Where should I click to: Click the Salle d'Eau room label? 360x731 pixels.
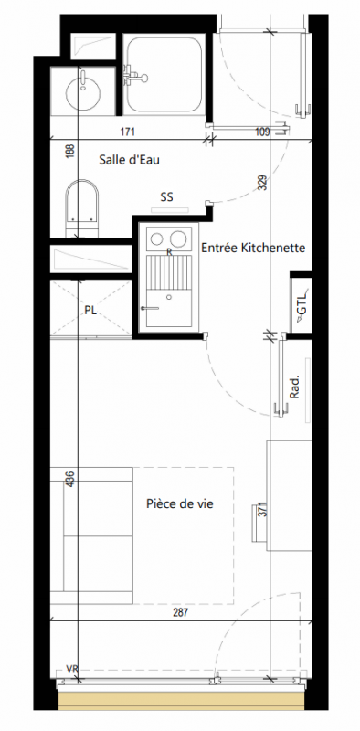[129, 160]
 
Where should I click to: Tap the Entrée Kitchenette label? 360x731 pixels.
[253, 248]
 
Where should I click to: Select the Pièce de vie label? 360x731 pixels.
[179, 503]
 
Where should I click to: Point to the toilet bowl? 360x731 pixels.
[82, 203]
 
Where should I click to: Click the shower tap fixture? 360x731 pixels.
[134, 76]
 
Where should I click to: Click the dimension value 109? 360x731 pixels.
[263, 132]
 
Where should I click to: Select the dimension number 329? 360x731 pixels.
[261, 184]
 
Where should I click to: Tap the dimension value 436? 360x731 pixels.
[70, 479]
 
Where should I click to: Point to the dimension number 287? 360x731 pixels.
[180, 612]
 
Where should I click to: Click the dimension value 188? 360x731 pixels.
[70, 152]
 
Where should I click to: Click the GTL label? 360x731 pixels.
[302, 304]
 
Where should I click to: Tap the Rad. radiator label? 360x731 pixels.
[294, 387]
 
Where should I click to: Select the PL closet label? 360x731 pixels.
[90, 311]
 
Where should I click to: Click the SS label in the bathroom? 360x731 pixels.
[167, 197]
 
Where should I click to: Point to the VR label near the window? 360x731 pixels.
[71, 669]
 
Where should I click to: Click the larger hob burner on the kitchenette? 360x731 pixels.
[178, 238]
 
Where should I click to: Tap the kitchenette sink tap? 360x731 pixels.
[150, 308]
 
